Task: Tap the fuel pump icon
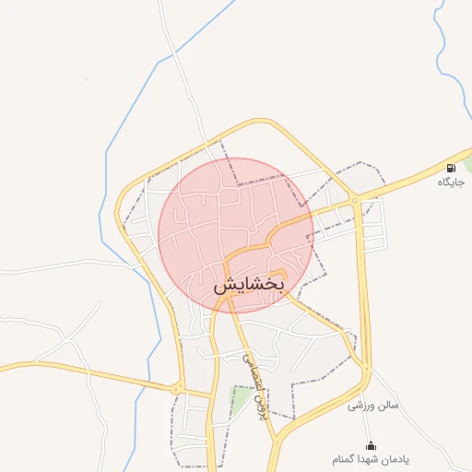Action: click(451, 168)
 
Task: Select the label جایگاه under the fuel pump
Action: click(451, 183)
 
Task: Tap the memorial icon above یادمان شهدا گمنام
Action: click(372, 445)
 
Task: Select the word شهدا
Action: click(372, 459)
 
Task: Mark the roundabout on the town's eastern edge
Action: click(354, 200)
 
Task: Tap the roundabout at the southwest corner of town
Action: click(177, 389)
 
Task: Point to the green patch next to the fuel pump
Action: click(467, 162)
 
